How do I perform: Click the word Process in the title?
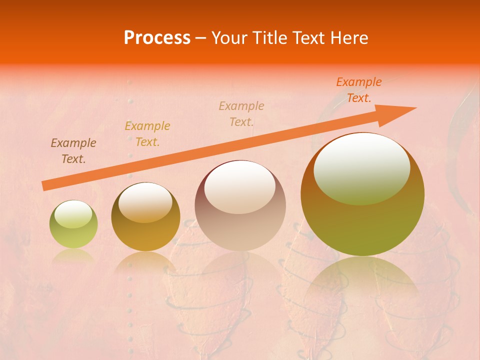tap(157, 38)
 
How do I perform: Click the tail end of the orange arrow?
tap(45, 185)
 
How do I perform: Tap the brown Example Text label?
tap(73, 151)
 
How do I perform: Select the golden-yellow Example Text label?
tap(147, 134)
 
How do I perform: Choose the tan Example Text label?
tap(241, 113)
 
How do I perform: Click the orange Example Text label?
tap(358, 90)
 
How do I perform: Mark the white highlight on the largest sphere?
tap(362, 168)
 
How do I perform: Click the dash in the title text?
tap(201, 38)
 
